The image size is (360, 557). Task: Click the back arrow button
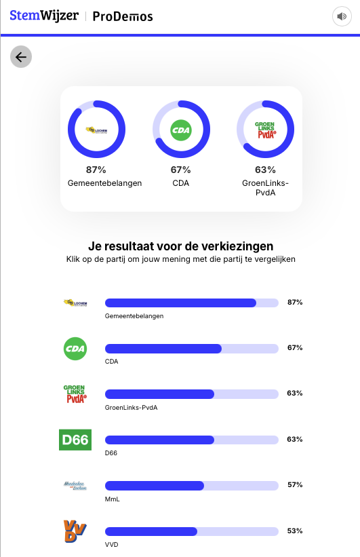[21, 57]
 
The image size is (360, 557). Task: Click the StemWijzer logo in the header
[44, 16]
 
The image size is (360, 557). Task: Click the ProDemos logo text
[122, 16]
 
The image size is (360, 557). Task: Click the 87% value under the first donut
[96, 170]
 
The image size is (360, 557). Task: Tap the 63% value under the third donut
[265, 170]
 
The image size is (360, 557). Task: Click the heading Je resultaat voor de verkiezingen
[181, 246]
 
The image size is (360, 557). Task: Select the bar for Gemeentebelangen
[191, 303]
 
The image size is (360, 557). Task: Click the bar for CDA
[191, 348]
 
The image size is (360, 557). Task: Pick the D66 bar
[191, 440]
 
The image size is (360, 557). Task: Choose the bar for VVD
[191, 531]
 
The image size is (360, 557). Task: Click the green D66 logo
[75, 440]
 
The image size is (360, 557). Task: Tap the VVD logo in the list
[75, 531]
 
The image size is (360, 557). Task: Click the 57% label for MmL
[295, 485]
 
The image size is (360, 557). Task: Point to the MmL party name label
[113, 499]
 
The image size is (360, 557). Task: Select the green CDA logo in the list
[75, 349]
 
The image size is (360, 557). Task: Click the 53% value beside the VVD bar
[295, 531]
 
